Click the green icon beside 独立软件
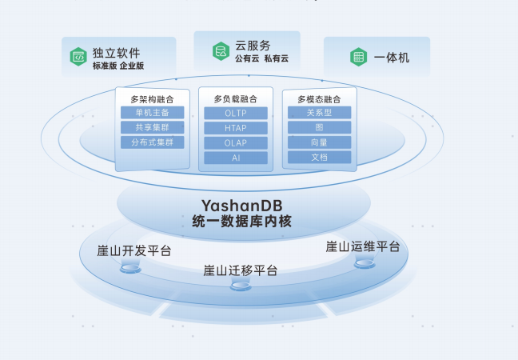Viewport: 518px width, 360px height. point(78,56)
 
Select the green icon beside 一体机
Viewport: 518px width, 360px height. point(358,57)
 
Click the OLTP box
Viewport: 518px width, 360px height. point(236,114)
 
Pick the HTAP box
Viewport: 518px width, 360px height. point(236,128)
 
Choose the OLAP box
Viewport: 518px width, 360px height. point(236,143)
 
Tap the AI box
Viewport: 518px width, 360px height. point(236,158)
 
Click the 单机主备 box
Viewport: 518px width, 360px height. point(152,113)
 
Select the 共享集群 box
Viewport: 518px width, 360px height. point(152,127)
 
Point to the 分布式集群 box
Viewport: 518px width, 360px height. point(152,142)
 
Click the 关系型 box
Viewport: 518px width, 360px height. point(319,113)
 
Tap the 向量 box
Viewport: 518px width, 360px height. point(319,142)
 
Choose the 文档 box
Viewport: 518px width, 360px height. point(319,157)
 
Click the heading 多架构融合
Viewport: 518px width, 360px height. point(152,98)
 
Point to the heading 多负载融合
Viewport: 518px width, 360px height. point(236,99)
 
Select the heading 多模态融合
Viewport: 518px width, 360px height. point(319,98)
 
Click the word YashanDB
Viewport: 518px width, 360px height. point(241,206)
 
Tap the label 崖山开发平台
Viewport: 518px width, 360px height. point(133,250)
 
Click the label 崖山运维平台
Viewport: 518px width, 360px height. point(363,246)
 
